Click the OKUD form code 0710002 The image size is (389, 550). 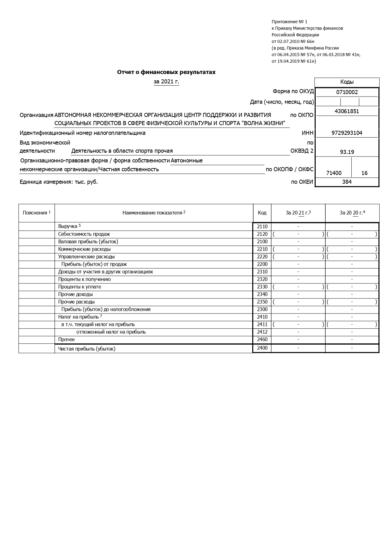click(x=347, y=92)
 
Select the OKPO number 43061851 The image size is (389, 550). click(x=347, y=111)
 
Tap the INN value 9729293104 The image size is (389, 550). click(x=347, y=133)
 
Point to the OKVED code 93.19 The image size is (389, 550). click(x=347, y=152)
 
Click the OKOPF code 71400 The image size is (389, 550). click(x=334, y=173)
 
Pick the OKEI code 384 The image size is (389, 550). click(x=347, y=182)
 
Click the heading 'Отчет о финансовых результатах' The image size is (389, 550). click(x=166, y=72)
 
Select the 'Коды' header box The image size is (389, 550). click(x=347, y=82)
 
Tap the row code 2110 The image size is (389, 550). click(x=262, y=226)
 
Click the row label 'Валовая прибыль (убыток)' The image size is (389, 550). click(x=88, y=241)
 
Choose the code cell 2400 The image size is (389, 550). click(x=262, y=348)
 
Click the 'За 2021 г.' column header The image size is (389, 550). click(x=298, y=213)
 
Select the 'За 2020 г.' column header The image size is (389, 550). click(x=352, y=213)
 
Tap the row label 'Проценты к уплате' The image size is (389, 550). click(x=80, y=287)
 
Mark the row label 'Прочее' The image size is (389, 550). click(x=66, y=339)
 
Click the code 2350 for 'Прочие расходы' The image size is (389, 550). click(x=262, y=302)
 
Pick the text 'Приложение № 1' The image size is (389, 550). click(x=289, y=22)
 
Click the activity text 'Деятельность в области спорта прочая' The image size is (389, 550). click(x=122, y=151)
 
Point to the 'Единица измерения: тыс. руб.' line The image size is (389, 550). click(x=59, y=182)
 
